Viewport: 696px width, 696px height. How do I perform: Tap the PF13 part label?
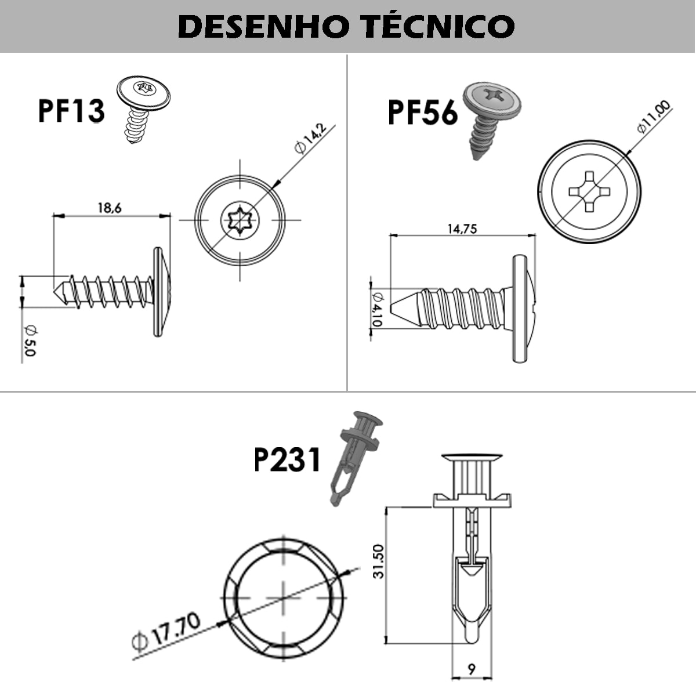coord(71,111)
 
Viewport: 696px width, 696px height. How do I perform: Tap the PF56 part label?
coord(422,112)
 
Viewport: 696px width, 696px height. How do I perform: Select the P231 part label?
coord(287,460)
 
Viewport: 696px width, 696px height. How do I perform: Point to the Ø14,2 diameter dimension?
coord(310,138)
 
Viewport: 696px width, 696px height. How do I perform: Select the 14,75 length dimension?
coord(462,229)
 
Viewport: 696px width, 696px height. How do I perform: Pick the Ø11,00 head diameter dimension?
coord(654,117)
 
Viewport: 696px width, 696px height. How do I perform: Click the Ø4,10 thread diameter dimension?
coord(378,308)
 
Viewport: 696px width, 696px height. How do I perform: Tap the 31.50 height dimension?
coord(379,561)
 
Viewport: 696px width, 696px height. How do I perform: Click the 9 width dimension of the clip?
coord(471,669)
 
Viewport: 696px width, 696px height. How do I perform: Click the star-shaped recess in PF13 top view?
coord(240,220)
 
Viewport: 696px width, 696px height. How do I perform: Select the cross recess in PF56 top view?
coord(589,190)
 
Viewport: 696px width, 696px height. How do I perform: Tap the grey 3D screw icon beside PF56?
coord(491,119)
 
